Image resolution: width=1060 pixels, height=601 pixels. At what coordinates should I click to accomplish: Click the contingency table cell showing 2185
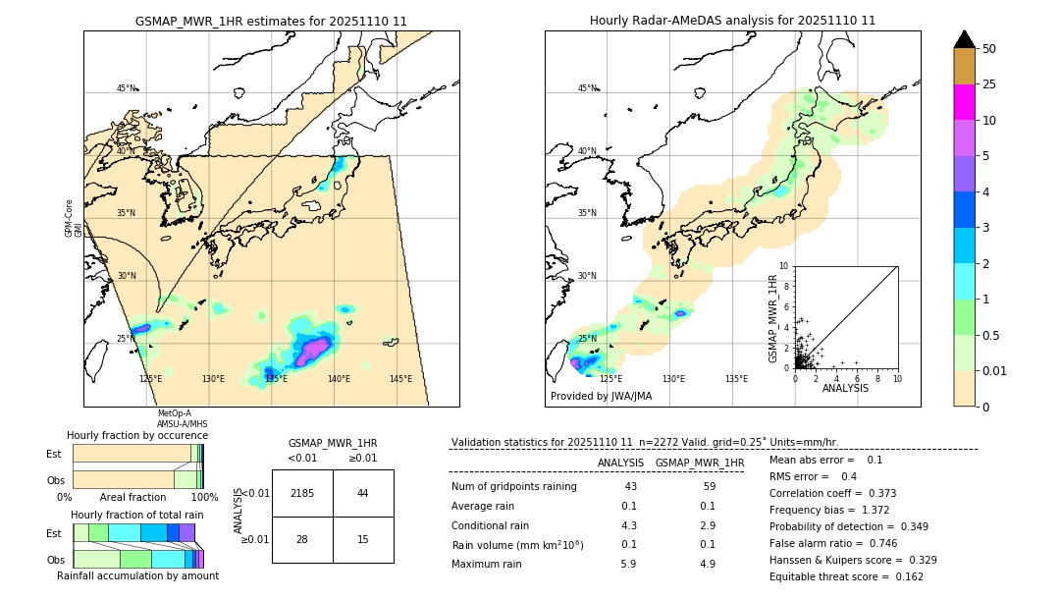[x=302, y=493]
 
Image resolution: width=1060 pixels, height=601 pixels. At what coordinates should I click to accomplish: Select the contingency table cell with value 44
[x=363, y=493]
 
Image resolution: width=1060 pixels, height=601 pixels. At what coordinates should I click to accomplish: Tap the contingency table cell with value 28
[x=302, y=539]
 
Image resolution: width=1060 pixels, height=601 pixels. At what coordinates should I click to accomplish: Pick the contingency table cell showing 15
[x=363, y=539]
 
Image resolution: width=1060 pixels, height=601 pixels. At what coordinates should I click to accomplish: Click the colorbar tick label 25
[x=989, y=84]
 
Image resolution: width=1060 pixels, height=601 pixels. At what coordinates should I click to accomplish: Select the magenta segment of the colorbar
[x=965, y=102]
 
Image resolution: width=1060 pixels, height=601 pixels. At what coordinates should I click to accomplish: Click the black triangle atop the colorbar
[x=965, y=39]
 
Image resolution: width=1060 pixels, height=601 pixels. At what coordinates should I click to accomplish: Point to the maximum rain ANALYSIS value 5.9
[x=629, y=564]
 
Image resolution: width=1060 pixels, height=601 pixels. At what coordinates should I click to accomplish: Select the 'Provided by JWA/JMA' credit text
[x=601, y=397]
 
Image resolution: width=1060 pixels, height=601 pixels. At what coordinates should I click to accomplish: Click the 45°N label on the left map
[x=127, y=88]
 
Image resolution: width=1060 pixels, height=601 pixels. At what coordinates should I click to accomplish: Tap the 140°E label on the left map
[x=339, y=379]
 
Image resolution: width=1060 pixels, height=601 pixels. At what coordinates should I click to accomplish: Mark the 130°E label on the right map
[x=673, y=379]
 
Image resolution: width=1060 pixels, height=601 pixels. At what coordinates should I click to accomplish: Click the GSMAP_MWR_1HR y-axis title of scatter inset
[x=772, y=316]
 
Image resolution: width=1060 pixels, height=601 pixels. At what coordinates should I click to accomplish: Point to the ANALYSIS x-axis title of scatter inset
[x=845, y=389]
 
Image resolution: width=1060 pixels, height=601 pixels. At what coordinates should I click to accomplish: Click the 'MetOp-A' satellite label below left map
[x=174, y=413]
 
